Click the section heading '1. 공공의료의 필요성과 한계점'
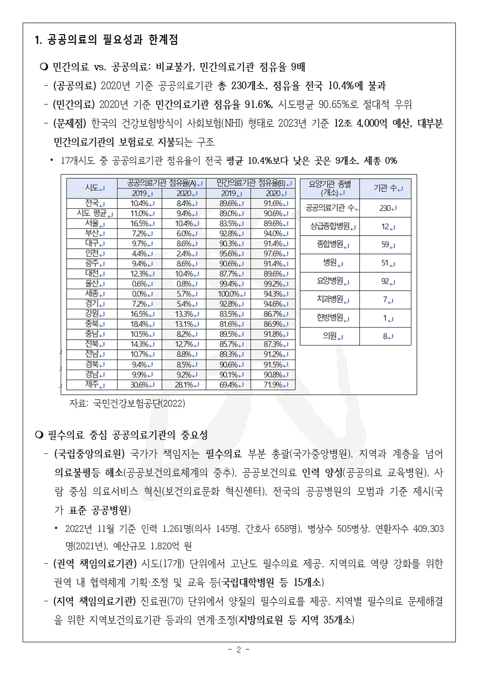(106, 40)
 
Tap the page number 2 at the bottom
(239, 649)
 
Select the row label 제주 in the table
(92, 384)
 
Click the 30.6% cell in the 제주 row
(139, 384)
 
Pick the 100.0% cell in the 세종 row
(228, 293)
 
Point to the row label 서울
(92, 223)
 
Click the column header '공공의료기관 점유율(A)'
(162, 183)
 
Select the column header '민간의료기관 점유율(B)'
(251, 183)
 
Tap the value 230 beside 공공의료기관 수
(385, 208)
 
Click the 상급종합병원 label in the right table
(330, 226)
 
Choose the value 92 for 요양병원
(385, 281)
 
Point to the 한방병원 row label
(330, 318)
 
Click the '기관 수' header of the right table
(385, 188)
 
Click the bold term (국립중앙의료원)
(90, 454)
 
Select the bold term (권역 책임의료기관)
(96, 564)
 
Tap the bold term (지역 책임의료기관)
(96, 601)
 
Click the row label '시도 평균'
(92, 213)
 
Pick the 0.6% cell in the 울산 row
(139, 283)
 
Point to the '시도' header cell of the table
(92, 188)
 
